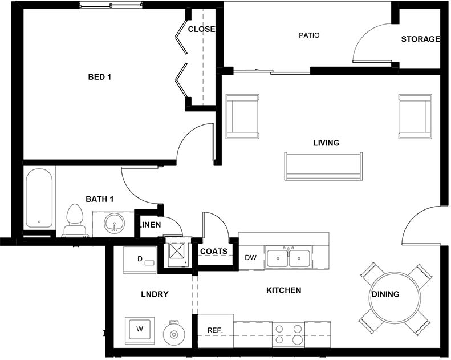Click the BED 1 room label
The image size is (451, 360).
coord(99,77)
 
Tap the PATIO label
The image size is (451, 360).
coord(309,35)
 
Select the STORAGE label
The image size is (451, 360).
coord(420,39)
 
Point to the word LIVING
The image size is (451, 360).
coord(326,143)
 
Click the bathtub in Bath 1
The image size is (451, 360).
coord(39,199)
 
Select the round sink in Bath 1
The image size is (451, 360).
coord(115,223)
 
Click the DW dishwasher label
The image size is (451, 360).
coord(251,258)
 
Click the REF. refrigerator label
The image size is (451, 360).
coord(214,330)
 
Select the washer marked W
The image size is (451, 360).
coord(139,330)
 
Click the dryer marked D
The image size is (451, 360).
coord(140,260)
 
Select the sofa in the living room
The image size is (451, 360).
coord(323,166)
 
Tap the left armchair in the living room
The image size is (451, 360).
coord(243,116)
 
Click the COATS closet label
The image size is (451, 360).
coord(214,252)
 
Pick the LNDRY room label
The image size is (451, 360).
coord(155,294)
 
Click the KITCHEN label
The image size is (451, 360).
coord(283,290)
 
